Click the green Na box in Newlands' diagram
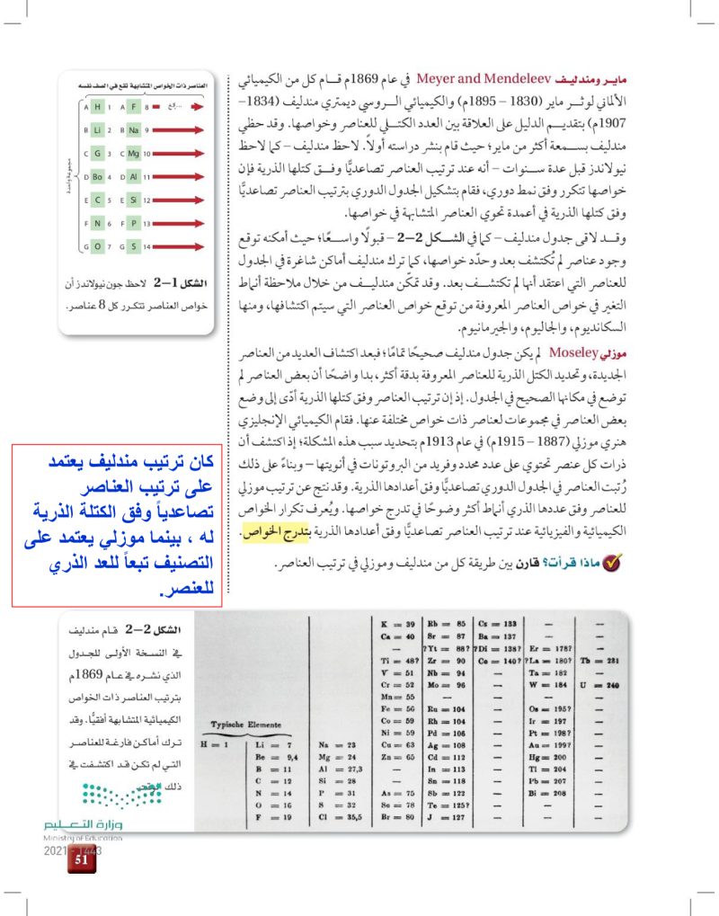(134, 132)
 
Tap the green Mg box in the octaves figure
(134, 155)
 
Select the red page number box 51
(80, 859)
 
